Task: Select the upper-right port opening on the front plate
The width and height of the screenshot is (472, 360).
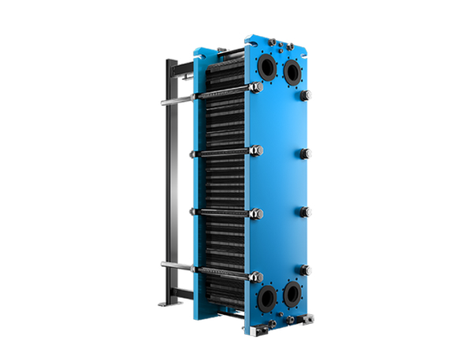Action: [292, 72]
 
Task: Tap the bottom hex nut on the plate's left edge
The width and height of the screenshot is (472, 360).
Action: [255, 276]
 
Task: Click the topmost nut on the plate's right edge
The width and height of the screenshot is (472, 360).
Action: [307, 95]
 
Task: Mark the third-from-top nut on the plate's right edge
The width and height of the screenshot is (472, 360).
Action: [307, 211]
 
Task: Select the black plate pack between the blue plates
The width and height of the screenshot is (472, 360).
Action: [225, 181]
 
